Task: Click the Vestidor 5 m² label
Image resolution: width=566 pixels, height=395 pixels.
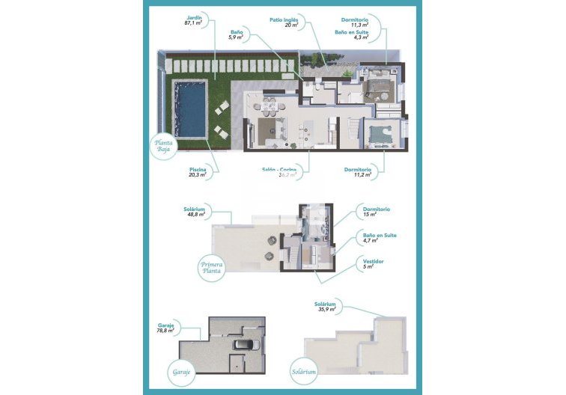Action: [x=371, y=263]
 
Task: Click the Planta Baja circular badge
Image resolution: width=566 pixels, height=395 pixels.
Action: [x=163, y=146]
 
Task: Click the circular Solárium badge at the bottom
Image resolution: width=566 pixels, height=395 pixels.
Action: [x=304, y=370]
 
